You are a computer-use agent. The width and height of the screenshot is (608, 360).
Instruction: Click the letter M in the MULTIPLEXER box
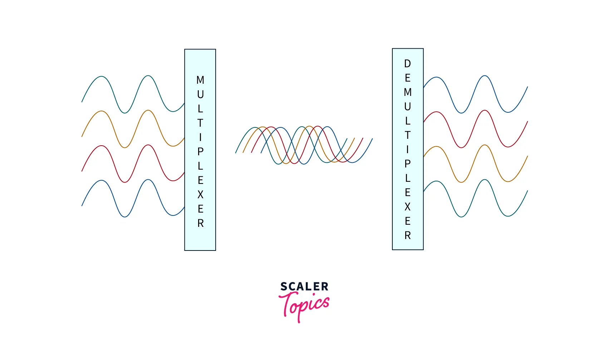tap(200, 80)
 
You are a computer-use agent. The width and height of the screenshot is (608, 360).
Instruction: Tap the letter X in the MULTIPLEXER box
tap(200, 194)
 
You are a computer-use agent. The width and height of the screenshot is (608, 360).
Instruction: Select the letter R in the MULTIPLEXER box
tap(200, 223)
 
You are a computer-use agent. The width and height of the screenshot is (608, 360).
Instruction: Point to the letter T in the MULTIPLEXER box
tap(200, 123)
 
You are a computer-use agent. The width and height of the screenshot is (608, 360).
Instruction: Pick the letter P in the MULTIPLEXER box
tap(200, 151)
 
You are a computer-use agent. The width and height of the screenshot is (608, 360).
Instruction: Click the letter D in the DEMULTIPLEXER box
tap(407, 64)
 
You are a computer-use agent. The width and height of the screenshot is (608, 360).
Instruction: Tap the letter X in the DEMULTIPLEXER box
tap(407, 207)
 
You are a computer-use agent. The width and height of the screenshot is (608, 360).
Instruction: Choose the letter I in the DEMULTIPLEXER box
tap(407, 149)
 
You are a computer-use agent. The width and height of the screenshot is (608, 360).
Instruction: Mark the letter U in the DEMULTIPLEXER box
tap(407, 106)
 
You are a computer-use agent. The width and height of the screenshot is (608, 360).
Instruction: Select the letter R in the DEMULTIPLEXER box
tap(407, 235)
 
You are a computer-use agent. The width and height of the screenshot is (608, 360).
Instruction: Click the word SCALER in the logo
tap(304, 287)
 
